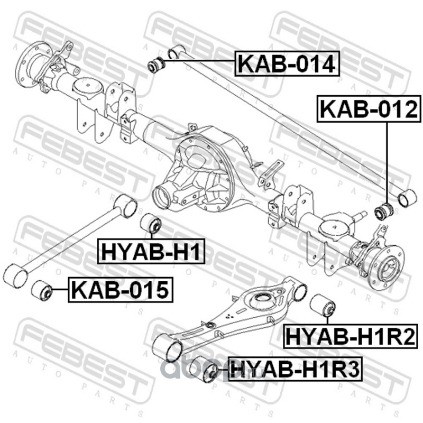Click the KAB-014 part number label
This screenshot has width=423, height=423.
point(287,63)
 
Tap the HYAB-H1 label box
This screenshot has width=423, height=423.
point(151,251)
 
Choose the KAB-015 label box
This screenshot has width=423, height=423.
point(121,290)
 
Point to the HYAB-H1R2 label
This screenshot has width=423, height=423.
point(351,336)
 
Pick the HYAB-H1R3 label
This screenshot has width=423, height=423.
point(295,369)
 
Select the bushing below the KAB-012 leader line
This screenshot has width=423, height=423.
point(384,212)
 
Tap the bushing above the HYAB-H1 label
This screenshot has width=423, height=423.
point(151,224)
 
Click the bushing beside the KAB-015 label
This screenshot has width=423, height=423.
point(41,290)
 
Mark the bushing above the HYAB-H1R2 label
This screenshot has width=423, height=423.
point(323,305)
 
